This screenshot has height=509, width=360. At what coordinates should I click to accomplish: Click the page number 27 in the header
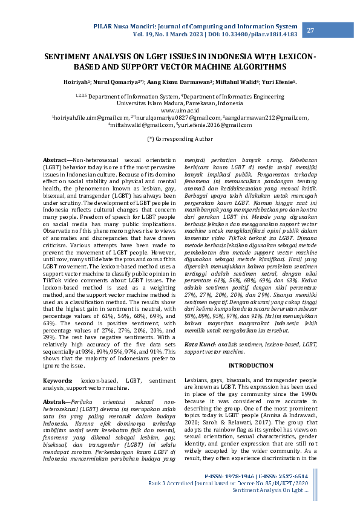tap(310, 31)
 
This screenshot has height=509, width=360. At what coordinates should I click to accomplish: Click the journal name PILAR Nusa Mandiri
tap(125, 26)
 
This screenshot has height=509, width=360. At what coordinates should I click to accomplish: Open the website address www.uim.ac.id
tap(180, 111)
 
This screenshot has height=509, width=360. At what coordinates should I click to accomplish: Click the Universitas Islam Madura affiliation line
tap(180, 103)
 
